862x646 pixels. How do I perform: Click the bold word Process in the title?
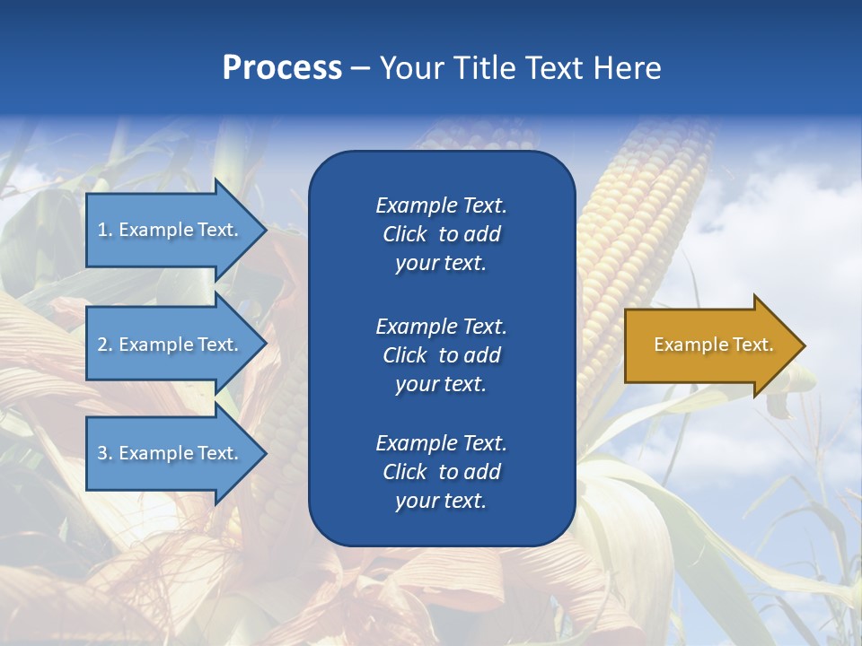coord(282,68)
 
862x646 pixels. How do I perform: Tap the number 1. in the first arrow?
coord(104,230)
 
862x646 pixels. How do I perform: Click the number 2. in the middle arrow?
coord(104,345)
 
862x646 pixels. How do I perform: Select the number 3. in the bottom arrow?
coord(104,453)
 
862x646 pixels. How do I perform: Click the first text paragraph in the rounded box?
coord(441,234)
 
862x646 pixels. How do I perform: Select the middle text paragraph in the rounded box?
coord(441,355)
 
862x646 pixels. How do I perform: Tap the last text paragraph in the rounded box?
coord(441,472)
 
